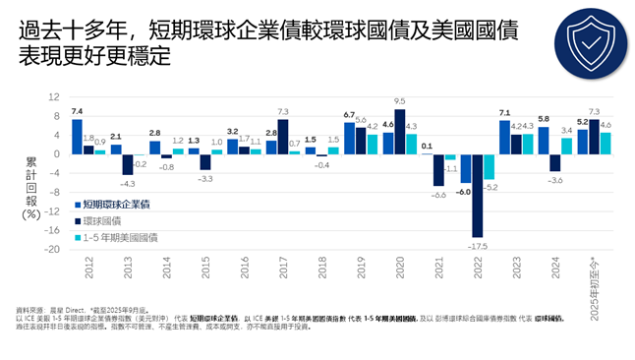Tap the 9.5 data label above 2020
coord(399,101)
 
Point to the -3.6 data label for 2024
coord(555,181)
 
